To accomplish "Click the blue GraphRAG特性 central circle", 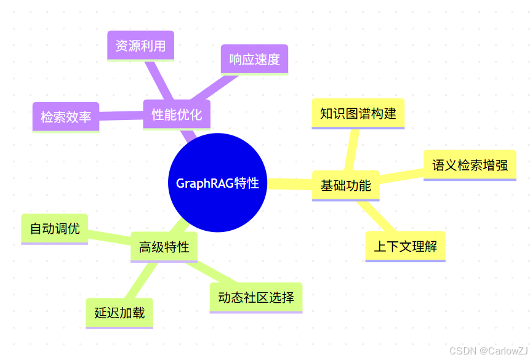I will [217, 183].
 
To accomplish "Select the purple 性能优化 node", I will [177, 114].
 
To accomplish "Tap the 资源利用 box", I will [140, 46].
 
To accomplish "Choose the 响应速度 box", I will [254, 60].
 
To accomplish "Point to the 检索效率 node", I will [65, 116].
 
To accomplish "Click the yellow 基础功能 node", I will [345, 185].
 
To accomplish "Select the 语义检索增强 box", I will [470, 165].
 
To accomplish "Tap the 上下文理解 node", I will [405, 247].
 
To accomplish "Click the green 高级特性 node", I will [164, 247].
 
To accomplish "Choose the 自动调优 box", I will [54, 228].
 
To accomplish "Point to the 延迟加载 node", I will [119, 313].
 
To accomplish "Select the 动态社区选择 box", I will [256, 297].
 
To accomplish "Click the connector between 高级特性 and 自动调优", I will [110, 237].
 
